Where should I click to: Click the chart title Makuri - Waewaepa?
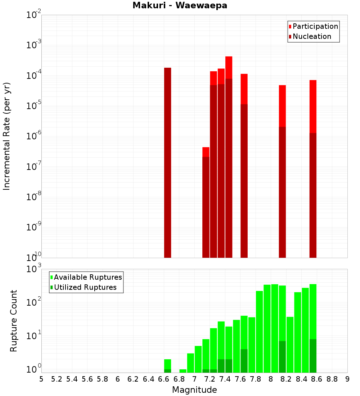(x=180, y=5)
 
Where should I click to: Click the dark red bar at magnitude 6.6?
(x=167, y=162)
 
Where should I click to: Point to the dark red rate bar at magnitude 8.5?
(x=313, y=194)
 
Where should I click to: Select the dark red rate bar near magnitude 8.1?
(x=282, y=191)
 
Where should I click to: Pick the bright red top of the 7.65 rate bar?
(x=244, y=89)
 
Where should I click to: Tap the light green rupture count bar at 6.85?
(x=183, y=371)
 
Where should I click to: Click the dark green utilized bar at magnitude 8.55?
(x=313, y=356)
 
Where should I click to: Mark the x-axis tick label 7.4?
(x=225, y=379)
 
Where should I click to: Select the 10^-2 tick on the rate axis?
(x=34, y=15)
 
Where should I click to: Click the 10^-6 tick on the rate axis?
(x=34, y=136)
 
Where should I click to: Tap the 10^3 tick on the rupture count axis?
(x=34, y=269)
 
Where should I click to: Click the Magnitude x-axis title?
(x=194, y=390)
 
